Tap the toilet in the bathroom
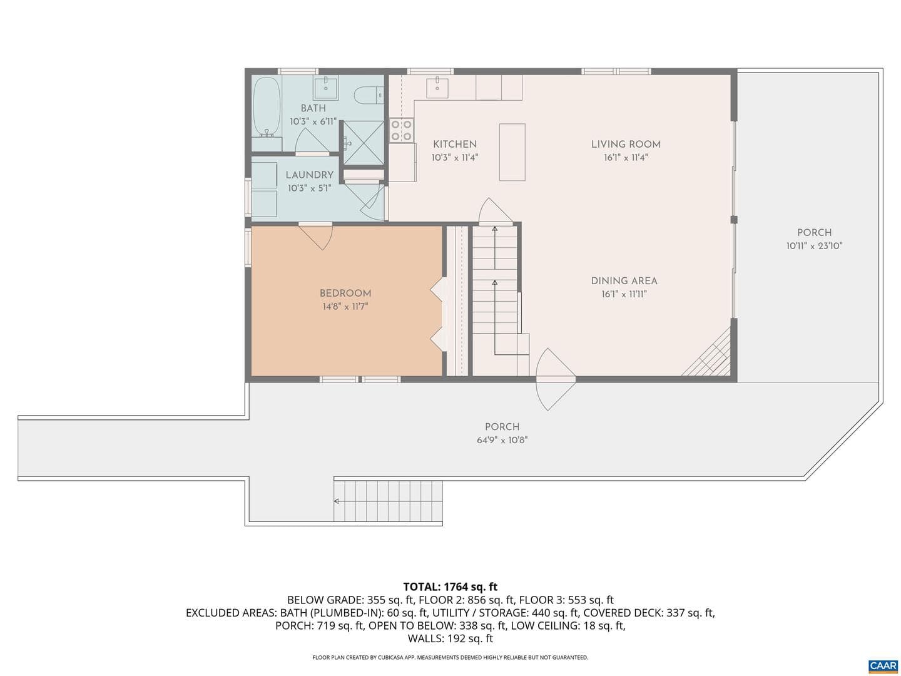368,95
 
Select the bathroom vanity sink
326,88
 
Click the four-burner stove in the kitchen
401,130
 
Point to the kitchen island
512,152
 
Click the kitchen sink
437,88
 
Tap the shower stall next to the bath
363,143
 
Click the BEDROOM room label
345,294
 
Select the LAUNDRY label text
309,175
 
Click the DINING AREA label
624,281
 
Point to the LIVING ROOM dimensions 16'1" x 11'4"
626,158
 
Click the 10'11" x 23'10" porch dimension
814,246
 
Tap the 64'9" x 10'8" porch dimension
502,440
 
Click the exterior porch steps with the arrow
388,501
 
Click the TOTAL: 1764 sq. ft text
450,587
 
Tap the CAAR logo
882,666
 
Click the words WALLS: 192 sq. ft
450,638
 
